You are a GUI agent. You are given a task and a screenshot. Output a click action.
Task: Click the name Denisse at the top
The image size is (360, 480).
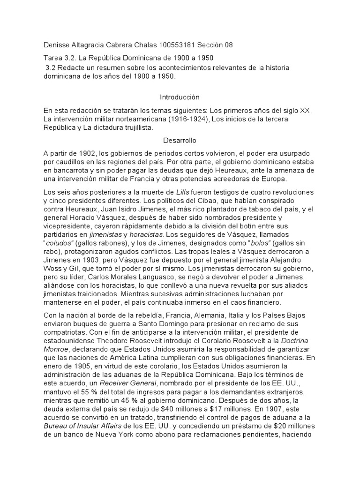point(56,45)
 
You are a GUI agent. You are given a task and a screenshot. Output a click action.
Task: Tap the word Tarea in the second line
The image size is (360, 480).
point(53,59)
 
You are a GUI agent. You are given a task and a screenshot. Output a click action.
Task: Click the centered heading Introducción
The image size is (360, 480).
point(180,97)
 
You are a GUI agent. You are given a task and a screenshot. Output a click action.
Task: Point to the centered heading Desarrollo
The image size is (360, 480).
point(180,141)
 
